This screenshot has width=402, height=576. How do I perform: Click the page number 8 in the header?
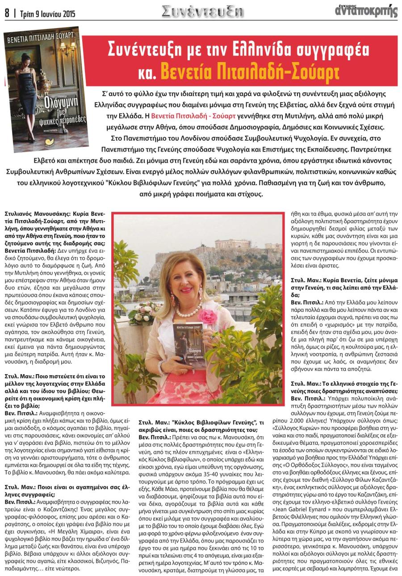(7, 13)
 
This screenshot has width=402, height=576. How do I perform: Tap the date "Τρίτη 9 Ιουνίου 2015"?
(47, 14)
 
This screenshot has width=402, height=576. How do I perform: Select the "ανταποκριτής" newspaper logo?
(366, 11)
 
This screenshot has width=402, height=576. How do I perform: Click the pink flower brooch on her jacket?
(207, 317)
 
